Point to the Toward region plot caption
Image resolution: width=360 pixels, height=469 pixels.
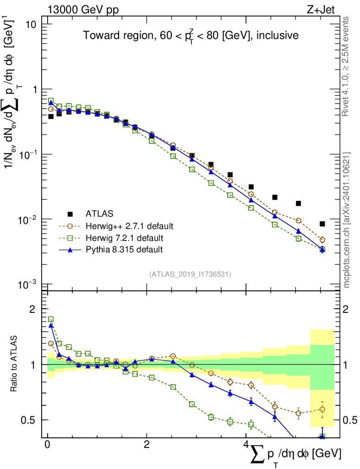(191, 35)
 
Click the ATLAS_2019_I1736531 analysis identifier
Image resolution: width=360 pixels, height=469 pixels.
(190, 274)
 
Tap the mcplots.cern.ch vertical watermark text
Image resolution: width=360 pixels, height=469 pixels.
(346, 219)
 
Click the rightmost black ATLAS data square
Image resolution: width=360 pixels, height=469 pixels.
(322, 224)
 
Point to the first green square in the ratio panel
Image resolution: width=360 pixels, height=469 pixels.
(51, 319)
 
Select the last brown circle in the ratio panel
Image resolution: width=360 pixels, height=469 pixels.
(322, 409)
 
